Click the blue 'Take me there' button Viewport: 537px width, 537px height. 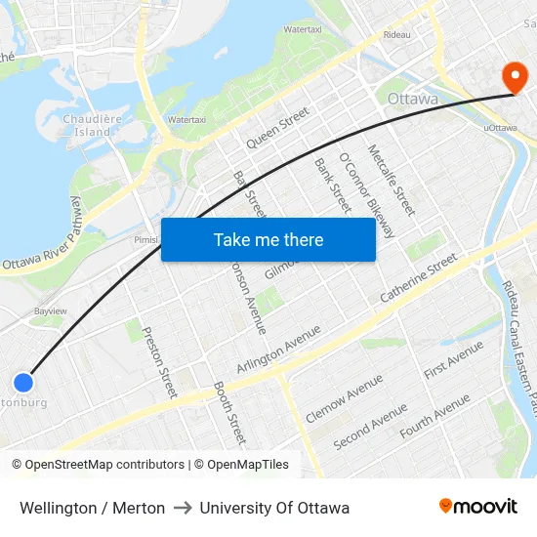coord(268,240)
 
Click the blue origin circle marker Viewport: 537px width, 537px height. coord(23,383)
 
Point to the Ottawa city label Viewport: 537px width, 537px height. coord(413,100)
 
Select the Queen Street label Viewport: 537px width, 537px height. coord(277,128)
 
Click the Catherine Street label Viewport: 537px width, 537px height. coord(419,277)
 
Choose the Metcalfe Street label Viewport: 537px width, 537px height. coord(392,180)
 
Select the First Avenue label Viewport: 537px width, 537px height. coord(453,360)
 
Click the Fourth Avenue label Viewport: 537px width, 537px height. coord(434,415)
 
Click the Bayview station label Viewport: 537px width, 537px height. coord(50,311)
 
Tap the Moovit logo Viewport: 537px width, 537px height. coord(478,507)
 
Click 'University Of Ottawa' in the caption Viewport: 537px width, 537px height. coord(274,508)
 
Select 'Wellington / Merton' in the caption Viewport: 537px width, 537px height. coord(92,508)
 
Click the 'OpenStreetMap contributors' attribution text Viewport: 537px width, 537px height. coord(104,465)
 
